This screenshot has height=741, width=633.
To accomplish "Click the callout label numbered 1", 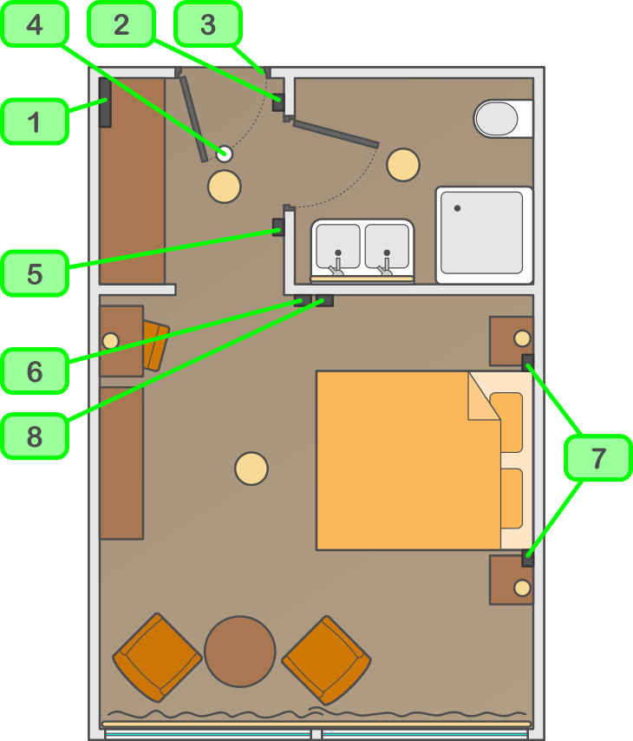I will click(x=35, y=121).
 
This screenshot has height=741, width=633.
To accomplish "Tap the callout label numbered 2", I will click(x=121, y=23).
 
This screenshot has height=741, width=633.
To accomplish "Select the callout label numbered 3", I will click(x=208, y=23).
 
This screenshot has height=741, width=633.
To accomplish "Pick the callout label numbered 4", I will click(x=35, y=23).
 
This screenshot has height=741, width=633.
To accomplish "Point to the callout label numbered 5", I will click(x=35, y=273).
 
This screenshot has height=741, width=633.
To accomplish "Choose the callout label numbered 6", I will click(x=35, y=371).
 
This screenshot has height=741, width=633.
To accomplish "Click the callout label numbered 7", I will click(x=598, y=457).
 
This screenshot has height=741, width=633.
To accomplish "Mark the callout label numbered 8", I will click(x=35, y=436).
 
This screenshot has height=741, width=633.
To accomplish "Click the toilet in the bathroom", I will click(x=499, y=119).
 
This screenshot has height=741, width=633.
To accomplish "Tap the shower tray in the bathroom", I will click(x=484, y=234).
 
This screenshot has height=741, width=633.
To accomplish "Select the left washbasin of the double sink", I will click(x=338, y=246).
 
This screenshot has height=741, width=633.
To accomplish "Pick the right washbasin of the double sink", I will click(x=387, y=246).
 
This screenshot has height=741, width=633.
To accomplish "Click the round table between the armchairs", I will click(x=240, y=651).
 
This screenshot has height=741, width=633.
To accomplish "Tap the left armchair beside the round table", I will click(x=157, y=657).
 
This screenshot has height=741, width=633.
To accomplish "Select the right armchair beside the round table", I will click(x=326, y=659).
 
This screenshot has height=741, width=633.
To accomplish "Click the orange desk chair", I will click(x=154, y=344).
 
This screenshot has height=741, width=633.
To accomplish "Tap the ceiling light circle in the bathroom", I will click(x=403, y=165).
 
